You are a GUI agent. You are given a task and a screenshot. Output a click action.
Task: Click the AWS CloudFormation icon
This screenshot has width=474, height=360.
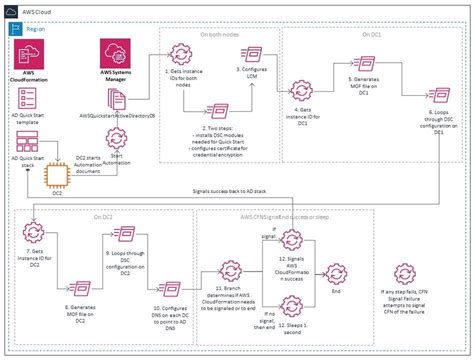[29, 56]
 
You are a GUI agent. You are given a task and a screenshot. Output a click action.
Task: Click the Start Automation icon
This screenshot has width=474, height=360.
[120, 143]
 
